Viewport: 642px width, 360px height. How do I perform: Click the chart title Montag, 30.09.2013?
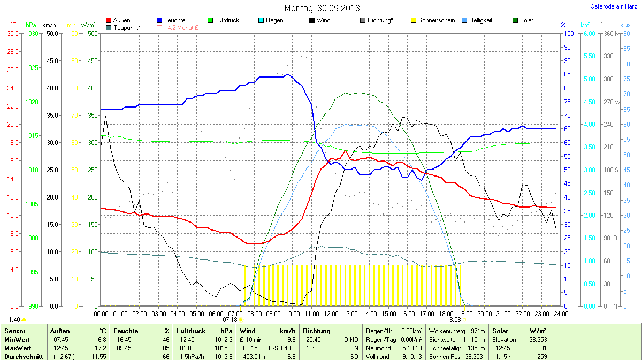point(322,8)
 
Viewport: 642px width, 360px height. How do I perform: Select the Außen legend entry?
point(121,20)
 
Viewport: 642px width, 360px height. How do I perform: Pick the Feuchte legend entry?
point(174,20)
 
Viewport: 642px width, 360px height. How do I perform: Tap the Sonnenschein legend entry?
point(437,20)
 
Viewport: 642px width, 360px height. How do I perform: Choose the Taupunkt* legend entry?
point(127,27)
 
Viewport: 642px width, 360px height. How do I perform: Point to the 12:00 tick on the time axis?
point(331,313)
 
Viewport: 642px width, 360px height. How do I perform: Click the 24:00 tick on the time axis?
point(561,313)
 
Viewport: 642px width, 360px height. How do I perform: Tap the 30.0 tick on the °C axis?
point(13,33)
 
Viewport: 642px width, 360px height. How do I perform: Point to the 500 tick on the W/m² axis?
point(92,33)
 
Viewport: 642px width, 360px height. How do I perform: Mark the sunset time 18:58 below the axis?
point(453,319)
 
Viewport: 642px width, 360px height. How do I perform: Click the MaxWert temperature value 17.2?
point(101,348)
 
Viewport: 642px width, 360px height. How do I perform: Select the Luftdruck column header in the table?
point(189,331)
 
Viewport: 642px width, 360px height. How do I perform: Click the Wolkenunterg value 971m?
point(478,331)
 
